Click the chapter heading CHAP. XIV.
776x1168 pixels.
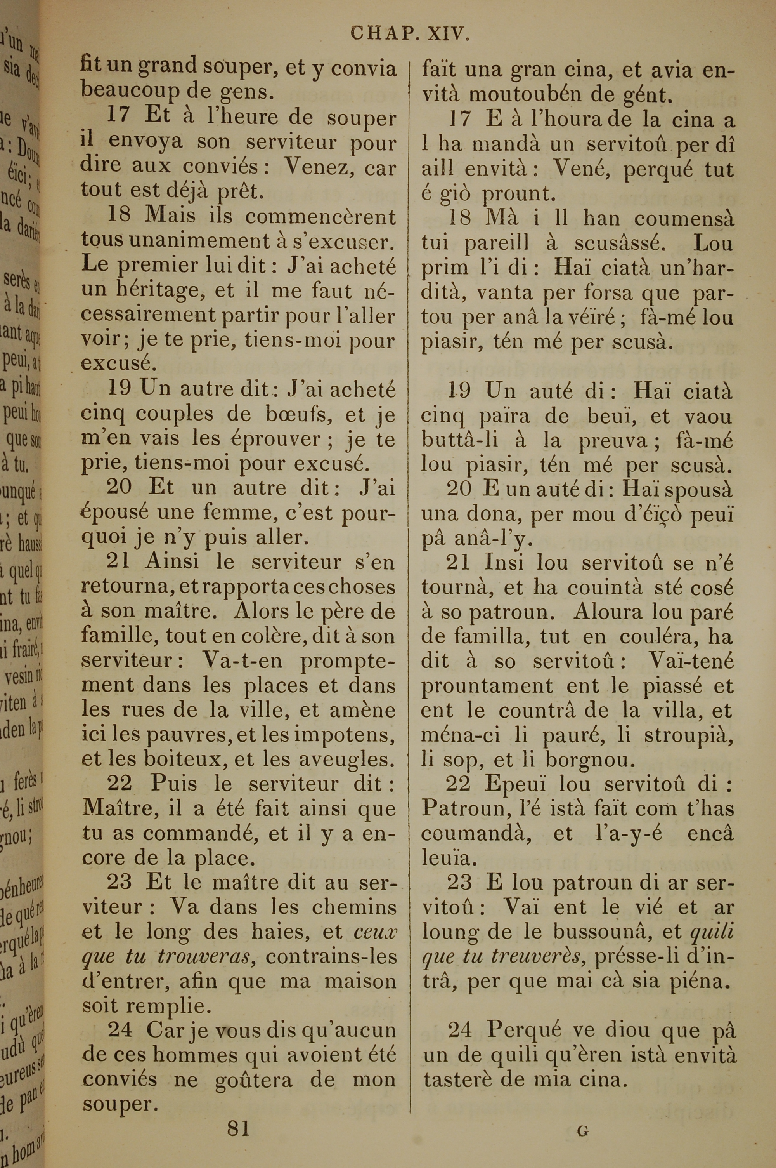click(409, 34)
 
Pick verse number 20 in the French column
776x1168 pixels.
click(119, 488)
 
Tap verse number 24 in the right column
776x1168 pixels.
click(460, 1031)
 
